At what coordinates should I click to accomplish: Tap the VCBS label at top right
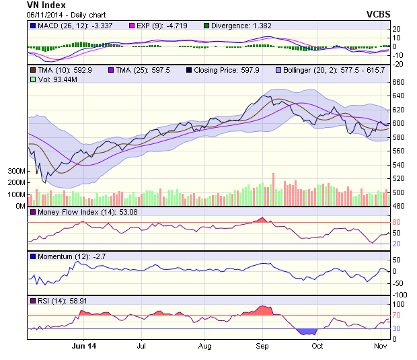(379, 13)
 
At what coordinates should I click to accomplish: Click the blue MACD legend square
(32, 26)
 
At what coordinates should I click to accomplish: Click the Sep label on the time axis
(262, 346)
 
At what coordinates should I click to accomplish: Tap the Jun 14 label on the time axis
(83, 346)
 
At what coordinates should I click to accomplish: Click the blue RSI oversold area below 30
(307, 332)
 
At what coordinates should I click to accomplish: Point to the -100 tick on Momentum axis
(400, 295)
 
